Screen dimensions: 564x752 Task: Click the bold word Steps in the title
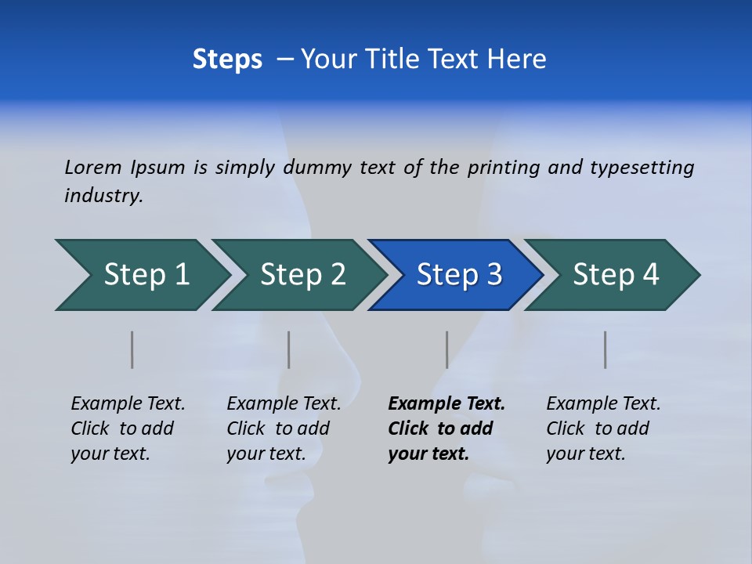(x=227, y=60)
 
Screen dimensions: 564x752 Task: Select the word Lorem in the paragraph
(x=93, y=167)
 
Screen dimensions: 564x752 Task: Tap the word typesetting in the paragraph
(x=642, y=168)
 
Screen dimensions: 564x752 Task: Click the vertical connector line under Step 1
(x=132, y=349)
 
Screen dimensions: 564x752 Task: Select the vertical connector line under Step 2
(x=288, y=349)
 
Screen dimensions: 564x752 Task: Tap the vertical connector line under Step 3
(x=446, y=349)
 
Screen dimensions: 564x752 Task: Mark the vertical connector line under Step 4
(x=605, y=349)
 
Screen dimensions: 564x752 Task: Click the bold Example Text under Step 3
(x=446, y=404)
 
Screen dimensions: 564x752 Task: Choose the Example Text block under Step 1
(x=128, y=428)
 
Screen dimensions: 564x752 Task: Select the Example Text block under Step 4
(x=603, y=428)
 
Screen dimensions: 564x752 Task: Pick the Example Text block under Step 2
(x=284, y=428)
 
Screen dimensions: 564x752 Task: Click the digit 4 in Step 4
(x=650, y=275)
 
